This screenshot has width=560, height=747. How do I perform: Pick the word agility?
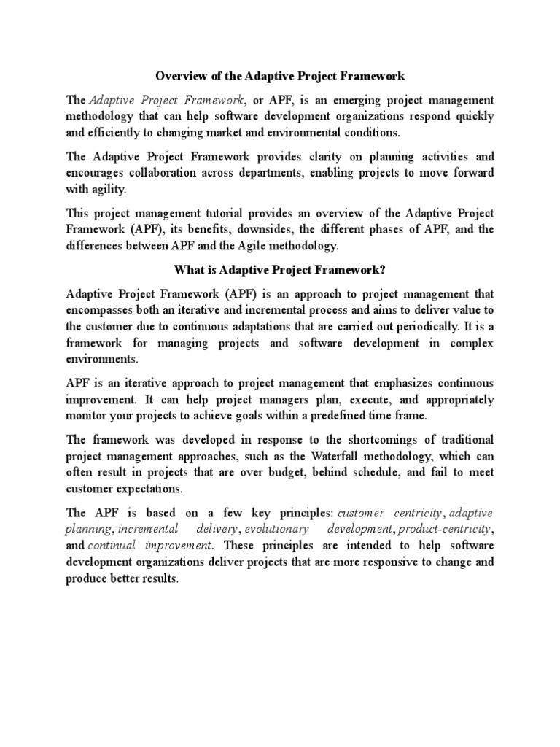pos(108,190)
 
